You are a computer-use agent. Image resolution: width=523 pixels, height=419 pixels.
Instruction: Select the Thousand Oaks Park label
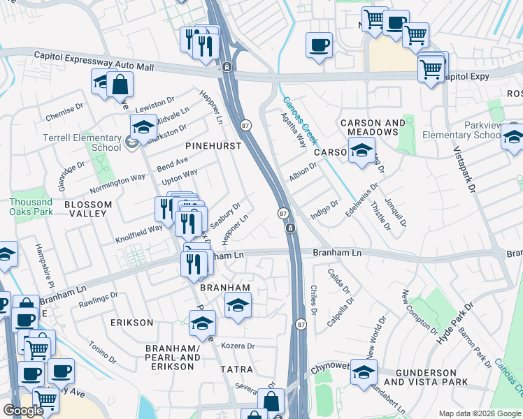point(31,206)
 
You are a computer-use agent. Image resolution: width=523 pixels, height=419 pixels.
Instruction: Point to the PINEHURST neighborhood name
point(213,146)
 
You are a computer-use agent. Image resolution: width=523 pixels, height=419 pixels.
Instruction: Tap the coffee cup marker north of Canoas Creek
point(319,45)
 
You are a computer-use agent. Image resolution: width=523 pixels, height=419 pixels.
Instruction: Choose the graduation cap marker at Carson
point(361,151)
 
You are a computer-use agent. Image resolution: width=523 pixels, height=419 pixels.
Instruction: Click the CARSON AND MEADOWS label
point(373,128)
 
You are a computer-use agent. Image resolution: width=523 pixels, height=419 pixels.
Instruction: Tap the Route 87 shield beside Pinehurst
point(245,124)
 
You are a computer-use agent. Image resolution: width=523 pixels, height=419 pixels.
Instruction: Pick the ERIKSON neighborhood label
point(131,322)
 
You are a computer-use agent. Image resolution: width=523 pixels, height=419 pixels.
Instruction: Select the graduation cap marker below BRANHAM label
point(238,305)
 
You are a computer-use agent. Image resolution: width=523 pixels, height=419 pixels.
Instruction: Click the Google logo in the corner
point(23,411)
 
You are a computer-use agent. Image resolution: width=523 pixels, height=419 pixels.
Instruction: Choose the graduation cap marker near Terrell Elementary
point(143,127)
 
